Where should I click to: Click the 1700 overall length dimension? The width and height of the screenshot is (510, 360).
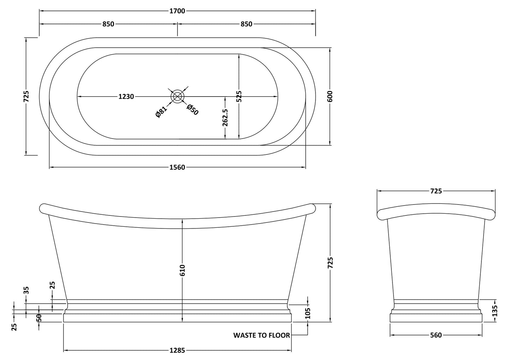point(177,11)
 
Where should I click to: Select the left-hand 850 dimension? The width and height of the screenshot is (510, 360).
point(108,24)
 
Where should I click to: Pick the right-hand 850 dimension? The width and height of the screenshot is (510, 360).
point(246,24)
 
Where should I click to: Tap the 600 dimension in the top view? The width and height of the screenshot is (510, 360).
point(330,96)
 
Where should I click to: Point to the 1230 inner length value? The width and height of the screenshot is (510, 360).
point(126,96)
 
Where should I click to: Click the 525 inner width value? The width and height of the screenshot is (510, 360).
point(239,96)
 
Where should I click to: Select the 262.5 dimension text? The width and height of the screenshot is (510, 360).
point(225,117)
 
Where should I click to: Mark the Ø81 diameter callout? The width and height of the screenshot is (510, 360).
point(161,112)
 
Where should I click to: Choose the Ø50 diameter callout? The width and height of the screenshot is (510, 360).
point(193,110)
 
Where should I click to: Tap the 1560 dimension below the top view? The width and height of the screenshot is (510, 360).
point(177,167)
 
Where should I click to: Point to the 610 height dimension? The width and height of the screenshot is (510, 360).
point(182,270)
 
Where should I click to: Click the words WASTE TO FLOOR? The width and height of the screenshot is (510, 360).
point(262,335)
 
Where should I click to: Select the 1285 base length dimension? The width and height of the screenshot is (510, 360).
point(177,350)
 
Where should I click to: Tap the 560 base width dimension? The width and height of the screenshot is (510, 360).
point(436,335)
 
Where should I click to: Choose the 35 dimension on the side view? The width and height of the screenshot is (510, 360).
point(26,290)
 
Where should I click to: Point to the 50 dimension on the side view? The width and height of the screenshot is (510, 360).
point(39,317)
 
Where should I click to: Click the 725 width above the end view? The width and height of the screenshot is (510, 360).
point(436,191)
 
